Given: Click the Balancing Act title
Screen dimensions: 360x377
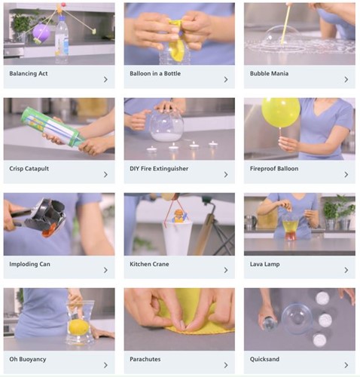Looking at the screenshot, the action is pyautogui.click(x=29, y=74).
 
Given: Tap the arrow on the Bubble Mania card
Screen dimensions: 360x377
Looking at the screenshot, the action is pyautogui.click(x=346, y=79).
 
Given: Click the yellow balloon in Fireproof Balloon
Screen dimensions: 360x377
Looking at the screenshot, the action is pyautogui.click(x=281, y=112).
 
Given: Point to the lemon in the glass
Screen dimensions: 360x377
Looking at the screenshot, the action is pyautogui.click(x=79, y=326).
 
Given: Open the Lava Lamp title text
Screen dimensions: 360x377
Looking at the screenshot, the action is pyautogui.click(x=264, y=264).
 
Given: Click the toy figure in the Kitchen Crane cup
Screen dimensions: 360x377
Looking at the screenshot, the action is pyautogui.click(x=178, y=216).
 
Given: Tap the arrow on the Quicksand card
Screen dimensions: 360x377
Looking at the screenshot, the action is pyautogui.click(x=346, y=365).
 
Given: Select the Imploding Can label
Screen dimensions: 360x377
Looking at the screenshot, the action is pyautogui.click(x=29, y=264).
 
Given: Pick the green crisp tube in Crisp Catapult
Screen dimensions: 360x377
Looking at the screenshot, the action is pyautogui.click(x=53, y=127).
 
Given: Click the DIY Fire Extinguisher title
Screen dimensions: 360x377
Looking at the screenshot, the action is pyautogui.click(x=159, y=169).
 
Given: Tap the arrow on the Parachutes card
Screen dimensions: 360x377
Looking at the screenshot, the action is pyautogui.click(x=226, y=365).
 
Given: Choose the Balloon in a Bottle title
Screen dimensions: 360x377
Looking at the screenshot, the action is pyautogui.click(x=155, y=74).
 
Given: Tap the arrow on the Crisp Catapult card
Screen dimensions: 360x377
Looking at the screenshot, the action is pyautogui.click(x=105, y=174).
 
